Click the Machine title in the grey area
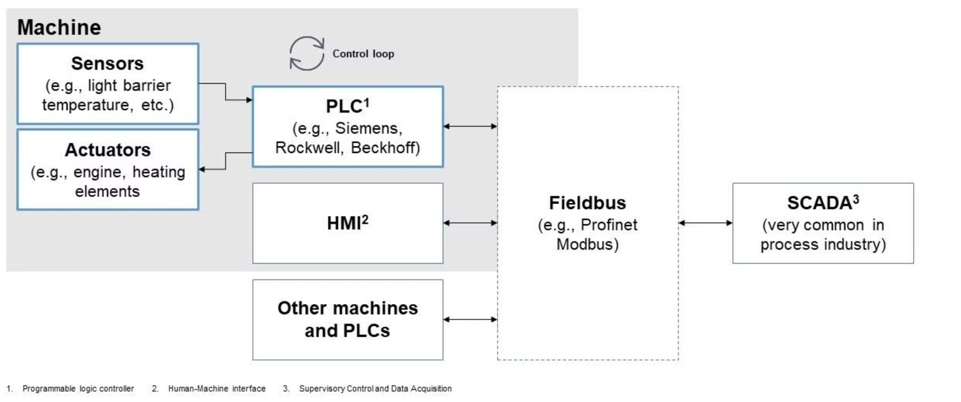pos(59,27)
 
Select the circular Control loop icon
pos(307,53)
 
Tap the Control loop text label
pos(363,54)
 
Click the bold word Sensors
pos(108,63)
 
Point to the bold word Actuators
pos(108,150)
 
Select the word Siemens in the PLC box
pos(369,128)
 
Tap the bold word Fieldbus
pos(587,203)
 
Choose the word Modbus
pos(587,244)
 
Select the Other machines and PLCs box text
pos(347,319)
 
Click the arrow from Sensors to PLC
pos(226,92)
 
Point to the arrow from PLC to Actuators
pos(226,161)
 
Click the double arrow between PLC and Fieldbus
pos(470,126)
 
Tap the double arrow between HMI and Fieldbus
pos(470,223)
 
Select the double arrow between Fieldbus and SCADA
pos(705,223)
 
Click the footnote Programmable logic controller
pos(78,389)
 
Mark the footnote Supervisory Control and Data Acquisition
pos(375,389)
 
